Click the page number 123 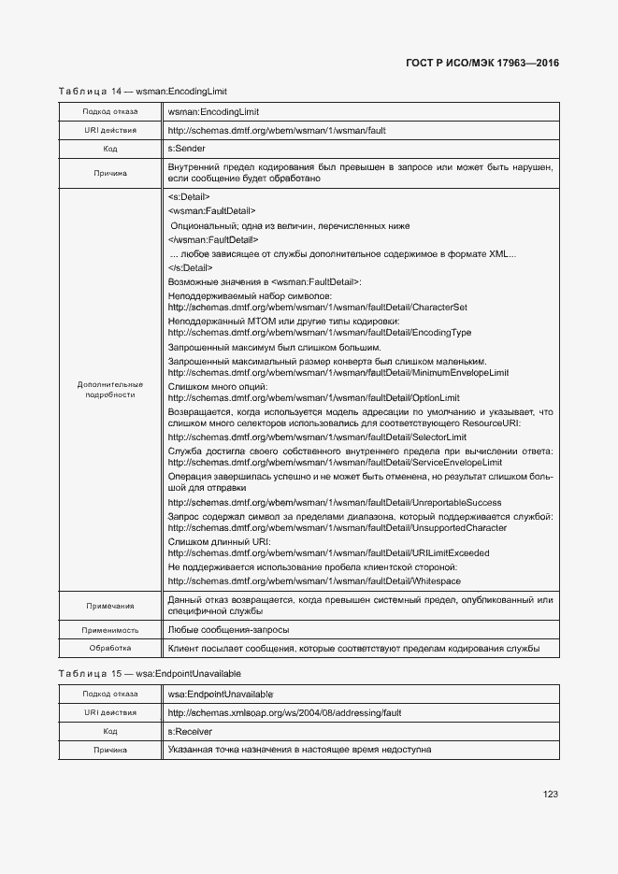coord(550,795)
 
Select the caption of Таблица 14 coord(143,91)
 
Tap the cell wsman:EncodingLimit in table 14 coord(213,112)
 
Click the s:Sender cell coord(187,148)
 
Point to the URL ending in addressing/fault coord(284,713)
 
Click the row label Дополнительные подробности coord(110,390)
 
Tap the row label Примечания coord(110,606)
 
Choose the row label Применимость coord(110,630)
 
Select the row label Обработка coord(110,648)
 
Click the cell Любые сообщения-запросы coord(228,630)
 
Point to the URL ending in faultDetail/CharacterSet coord(317,308)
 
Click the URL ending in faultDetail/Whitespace coord(314,580)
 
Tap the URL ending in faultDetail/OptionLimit coord(312,398)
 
